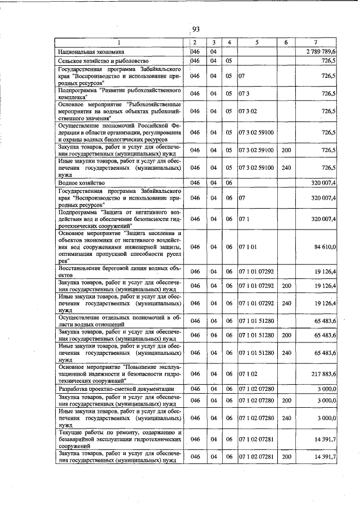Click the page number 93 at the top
tap(196, 29)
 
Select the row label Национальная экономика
tap(88, 52)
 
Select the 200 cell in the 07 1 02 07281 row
tap(286, 457)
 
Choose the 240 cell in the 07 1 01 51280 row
tap(286, 353)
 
